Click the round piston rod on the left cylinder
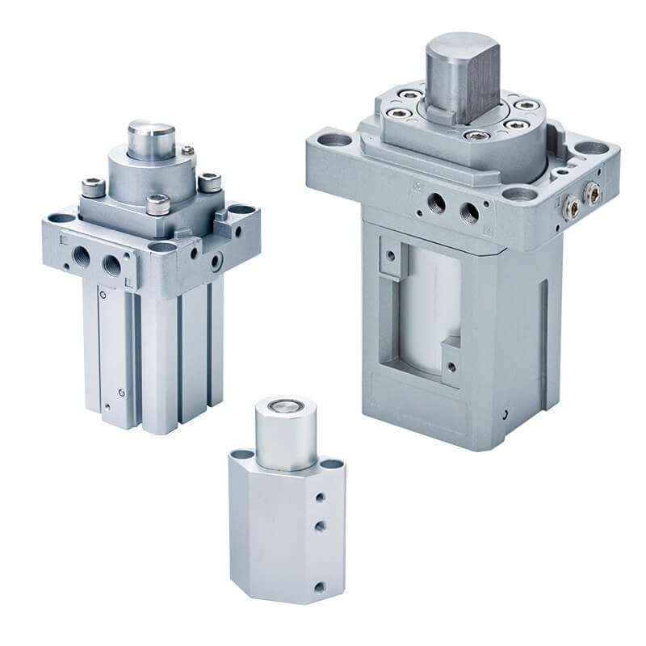point(150,139)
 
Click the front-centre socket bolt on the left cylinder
point(157,204)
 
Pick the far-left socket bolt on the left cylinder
point(93,188)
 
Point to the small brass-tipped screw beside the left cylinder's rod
point(187,150)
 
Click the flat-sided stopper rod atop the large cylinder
point(462,73)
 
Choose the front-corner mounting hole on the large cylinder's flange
point(519,193)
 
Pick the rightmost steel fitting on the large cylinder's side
point(593,192)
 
